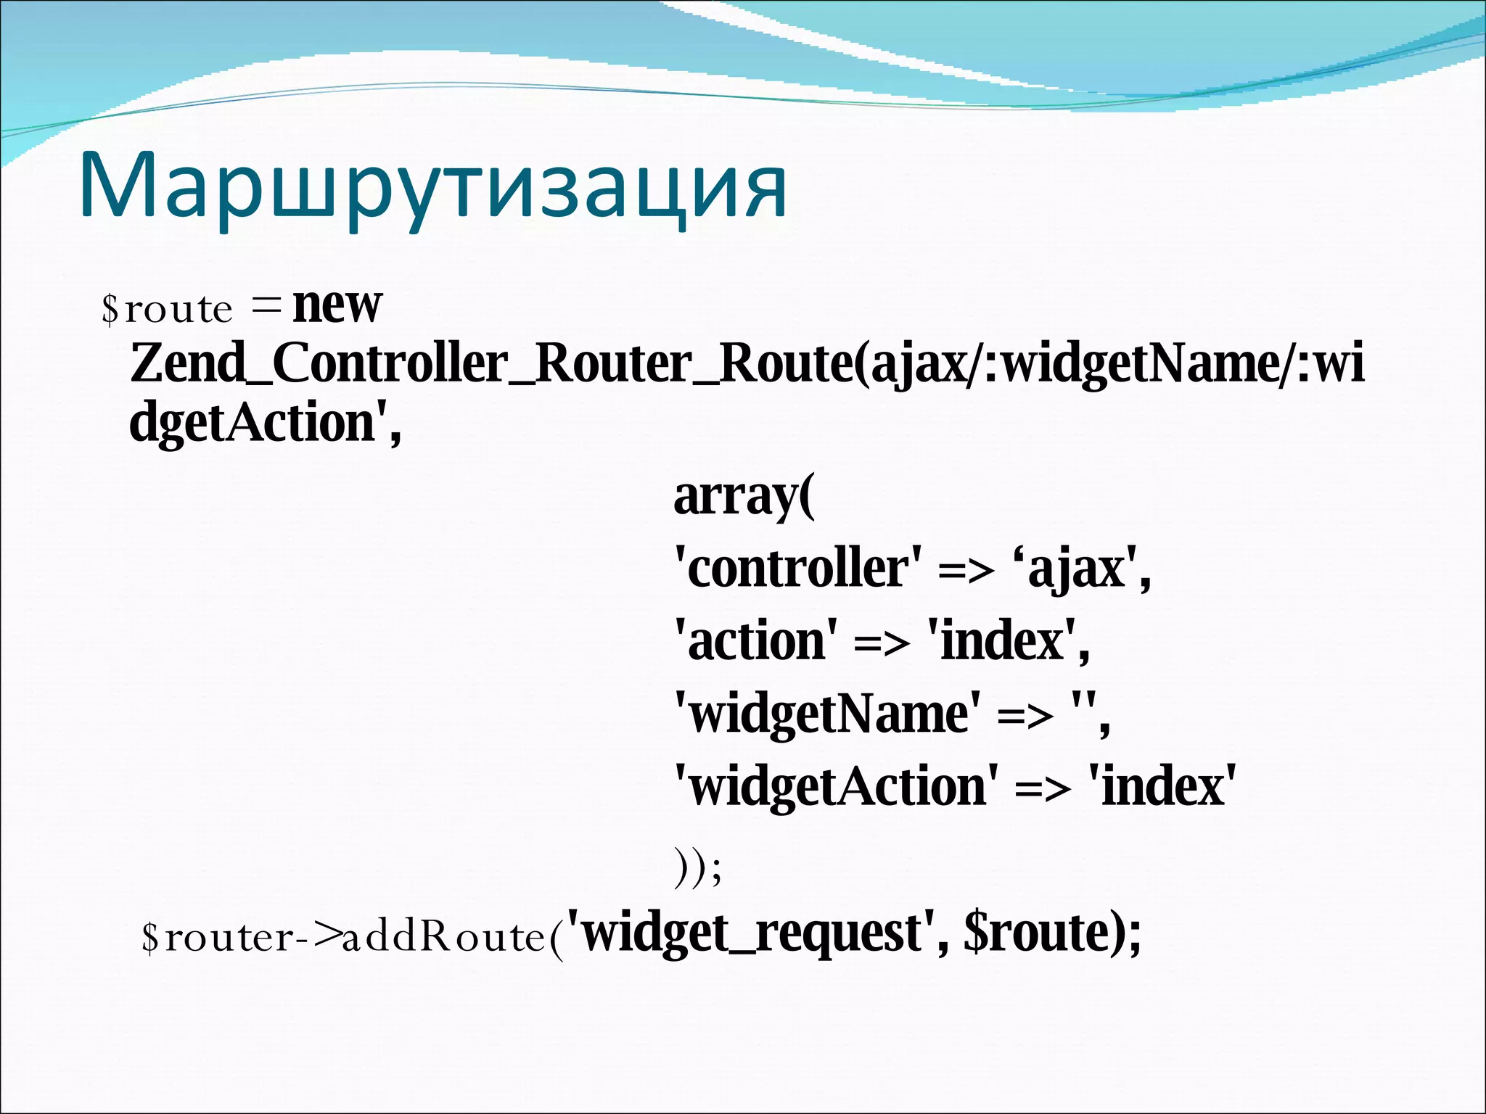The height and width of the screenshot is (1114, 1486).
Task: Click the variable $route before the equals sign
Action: click(x=167, y=309)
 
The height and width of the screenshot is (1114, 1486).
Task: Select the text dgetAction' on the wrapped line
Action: click(x=264, y=423)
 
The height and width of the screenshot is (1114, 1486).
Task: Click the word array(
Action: click(x=744, y=497)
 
